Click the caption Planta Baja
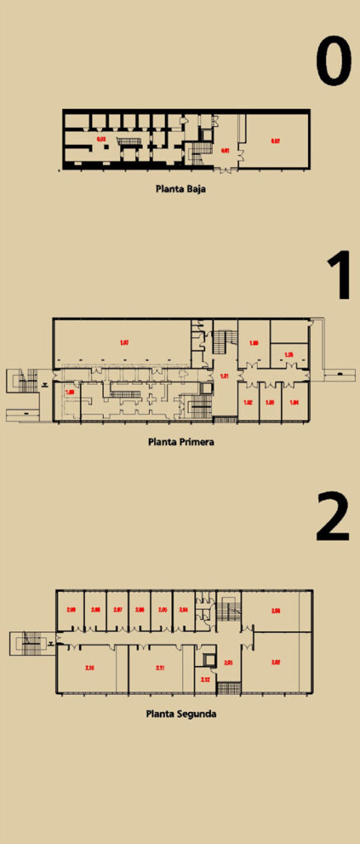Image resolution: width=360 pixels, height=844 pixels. [180, 188]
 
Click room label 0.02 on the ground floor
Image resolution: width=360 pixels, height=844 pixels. [277, 142]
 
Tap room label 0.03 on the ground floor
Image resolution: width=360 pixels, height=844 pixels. [102, 139]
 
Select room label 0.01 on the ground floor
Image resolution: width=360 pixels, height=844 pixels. [225, 151]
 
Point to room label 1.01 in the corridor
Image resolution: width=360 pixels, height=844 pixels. [223, 377]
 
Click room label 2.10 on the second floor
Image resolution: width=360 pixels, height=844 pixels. [89, 667]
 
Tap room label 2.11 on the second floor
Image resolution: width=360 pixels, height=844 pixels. [160, 667]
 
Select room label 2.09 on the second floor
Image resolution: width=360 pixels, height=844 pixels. [71, 610]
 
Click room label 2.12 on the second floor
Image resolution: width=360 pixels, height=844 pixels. [205, 679]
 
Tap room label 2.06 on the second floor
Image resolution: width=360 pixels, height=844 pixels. [140, 610]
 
